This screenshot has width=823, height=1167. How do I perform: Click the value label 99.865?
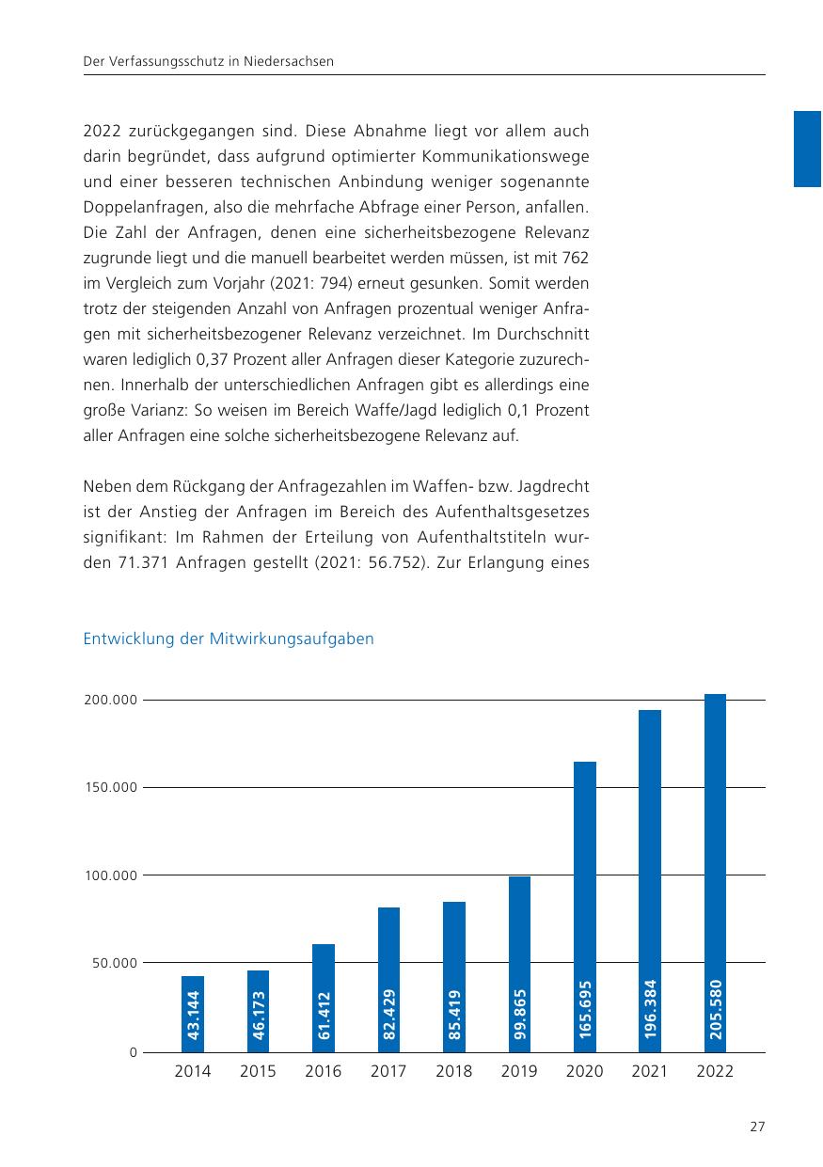pyautogui.click(x=520, y=1014)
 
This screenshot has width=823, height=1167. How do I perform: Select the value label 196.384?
pyautogui.click(x=650, y=1009)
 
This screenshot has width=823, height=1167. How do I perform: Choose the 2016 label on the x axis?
pyautogui.click(x=324, y=1072)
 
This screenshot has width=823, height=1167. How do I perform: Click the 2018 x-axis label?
pyautogui.click(x=454, y=1072)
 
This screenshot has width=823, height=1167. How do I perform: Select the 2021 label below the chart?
pyautogui.click(x=649, y=1072)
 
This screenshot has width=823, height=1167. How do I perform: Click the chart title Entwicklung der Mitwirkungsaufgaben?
pyautogui.click(x=229, y=639)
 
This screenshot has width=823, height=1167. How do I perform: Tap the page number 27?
pyautogui.click(x=757, y=1128)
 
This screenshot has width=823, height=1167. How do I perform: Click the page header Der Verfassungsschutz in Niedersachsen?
pyautogui.click(x=210, y=61)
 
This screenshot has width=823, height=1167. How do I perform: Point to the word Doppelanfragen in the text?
pyautogui.click(x=139, y=204)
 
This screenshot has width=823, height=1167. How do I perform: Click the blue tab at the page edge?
pyautogui.click(x=808, y=149)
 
